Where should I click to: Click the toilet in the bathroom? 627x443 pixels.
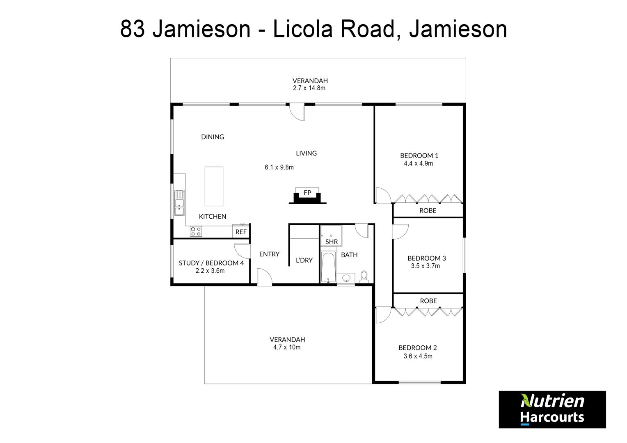coord(364,277)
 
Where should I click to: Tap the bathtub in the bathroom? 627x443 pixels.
coord(328,267)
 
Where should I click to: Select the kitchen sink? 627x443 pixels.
coord(179,203)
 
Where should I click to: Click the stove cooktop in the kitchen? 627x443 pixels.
coord(196,231)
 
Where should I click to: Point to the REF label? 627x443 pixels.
coord(241,232)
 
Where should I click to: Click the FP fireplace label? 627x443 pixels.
coord(307,192)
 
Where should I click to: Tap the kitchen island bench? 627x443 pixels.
coord(214,186)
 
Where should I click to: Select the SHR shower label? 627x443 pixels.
coord(332,242)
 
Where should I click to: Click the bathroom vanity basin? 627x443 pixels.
coord(346,278)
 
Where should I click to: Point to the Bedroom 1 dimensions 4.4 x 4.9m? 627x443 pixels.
coord(418,163)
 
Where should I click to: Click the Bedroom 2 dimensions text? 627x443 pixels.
coord(418,356)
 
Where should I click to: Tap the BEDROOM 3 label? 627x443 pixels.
coord(427,258)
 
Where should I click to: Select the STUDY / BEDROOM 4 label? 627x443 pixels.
coord(211,263)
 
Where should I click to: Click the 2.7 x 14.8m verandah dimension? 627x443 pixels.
coord(309,88)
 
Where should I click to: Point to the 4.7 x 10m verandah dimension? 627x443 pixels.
coord(287,347)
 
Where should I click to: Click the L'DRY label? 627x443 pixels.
coord(304,260)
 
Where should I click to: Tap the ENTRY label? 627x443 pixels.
coord(269,254)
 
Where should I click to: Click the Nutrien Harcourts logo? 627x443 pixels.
coord(552,409)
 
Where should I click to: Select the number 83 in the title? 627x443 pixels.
coord(133,29)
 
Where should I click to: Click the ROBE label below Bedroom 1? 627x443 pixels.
coord(428,210)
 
